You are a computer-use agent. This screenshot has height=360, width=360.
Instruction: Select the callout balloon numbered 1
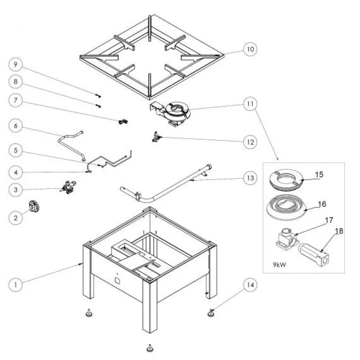click(15, 284)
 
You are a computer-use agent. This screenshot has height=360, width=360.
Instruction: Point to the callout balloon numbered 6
click(15, 126)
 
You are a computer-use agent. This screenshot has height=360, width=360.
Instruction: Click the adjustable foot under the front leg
click(148, 348)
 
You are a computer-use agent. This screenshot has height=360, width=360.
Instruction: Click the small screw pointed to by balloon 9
click(98, 96)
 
